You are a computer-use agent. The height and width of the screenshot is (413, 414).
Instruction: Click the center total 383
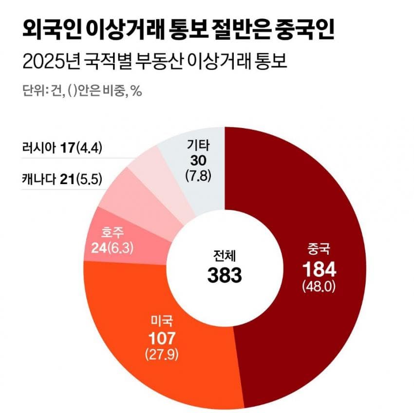point(225,275)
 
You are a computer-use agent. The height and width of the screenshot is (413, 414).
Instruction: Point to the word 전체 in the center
point(225,256)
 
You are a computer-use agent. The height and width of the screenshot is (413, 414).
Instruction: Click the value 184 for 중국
point(319,269)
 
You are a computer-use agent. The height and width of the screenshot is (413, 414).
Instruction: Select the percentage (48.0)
point(319,286)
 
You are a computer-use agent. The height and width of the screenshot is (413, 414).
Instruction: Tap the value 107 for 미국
point(162,338)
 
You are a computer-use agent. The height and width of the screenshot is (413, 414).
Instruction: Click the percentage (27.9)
point(162,354)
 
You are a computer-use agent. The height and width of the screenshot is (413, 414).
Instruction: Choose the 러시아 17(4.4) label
point(62,148)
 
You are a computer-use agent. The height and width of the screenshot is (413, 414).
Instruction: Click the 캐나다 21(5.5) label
point(62,179)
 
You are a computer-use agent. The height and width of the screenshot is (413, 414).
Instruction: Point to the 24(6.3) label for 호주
point(112,248)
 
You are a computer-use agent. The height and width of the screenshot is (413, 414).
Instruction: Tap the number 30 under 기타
point(198,160)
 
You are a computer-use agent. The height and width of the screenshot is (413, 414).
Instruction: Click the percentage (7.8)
point(198,176)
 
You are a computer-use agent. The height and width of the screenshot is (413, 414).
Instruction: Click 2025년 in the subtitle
point(51,63)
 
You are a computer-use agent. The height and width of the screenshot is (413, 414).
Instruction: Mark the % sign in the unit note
point(136,91)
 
